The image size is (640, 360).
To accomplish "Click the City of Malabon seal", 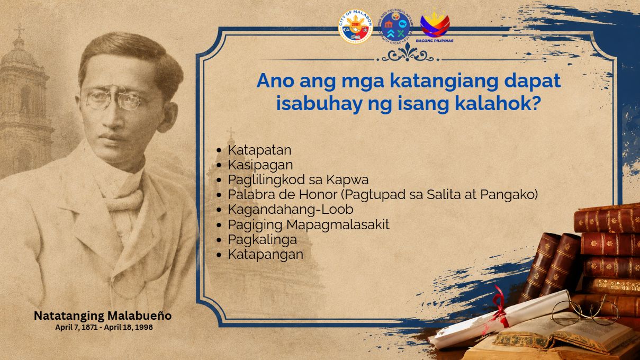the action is click(355, 26).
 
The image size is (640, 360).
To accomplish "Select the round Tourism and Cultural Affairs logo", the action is click(395, 26).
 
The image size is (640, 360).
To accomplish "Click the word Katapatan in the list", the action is click(259, 150).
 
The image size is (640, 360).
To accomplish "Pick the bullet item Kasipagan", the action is click(260, 165).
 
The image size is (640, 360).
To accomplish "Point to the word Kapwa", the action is click(347, 180).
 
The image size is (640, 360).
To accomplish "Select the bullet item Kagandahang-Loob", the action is click(291, 210).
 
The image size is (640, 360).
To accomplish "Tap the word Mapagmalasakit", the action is click(338, 224).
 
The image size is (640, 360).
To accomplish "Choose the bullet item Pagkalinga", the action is click(262, 240).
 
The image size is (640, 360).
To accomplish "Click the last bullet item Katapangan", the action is click(265, 255).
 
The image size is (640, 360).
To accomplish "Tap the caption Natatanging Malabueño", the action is click(103, 316).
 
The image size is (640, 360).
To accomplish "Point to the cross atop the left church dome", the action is click(19, 30).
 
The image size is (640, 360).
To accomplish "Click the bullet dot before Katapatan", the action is click(219, 150).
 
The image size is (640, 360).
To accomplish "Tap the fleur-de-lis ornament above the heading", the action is click(408, 53).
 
